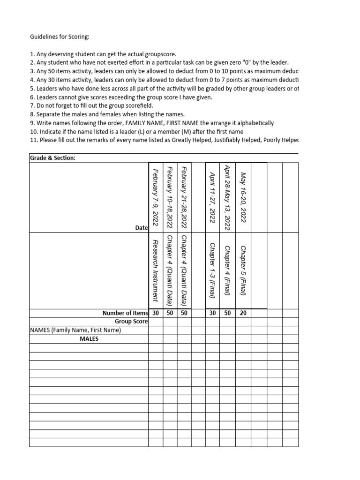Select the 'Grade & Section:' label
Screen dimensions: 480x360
[x=52, y=158]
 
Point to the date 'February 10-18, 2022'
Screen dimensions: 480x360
[x=170, y=196]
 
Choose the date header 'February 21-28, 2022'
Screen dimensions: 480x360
[x=184, y=196]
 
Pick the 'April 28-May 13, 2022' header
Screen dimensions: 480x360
[x=228, y=196]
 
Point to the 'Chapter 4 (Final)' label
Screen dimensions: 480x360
[x=228, y=270]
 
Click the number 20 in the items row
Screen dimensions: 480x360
[x=243, y=313]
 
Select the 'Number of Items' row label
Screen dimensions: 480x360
[x=125, y=313]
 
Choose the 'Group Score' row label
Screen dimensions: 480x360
[x=131, y=322]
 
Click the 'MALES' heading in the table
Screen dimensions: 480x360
[x=89, y=339]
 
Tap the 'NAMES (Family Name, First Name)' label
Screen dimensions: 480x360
[x=75, y=330]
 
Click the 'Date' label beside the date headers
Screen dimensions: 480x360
[x=142, y=227]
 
